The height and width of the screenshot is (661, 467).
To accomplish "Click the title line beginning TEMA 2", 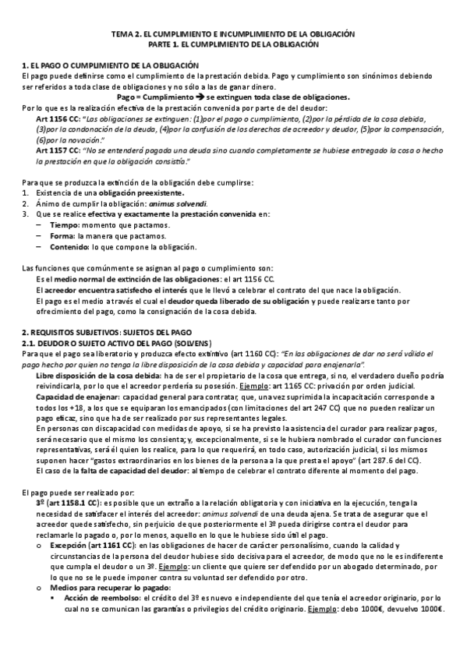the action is click(x=233, y=35).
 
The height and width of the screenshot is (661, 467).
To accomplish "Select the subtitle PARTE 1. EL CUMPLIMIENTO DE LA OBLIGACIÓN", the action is click(x=233, y=45).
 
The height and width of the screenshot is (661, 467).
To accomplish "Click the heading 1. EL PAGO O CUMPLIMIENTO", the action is click(x=111, y=65).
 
